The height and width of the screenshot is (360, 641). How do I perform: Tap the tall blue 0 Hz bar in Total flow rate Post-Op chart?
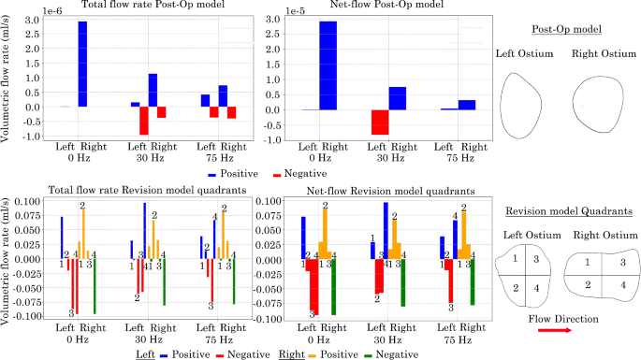(82, 64)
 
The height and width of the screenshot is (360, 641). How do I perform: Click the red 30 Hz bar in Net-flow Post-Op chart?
(328, 122)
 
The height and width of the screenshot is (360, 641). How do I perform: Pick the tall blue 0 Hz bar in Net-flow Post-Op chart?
(328, 65)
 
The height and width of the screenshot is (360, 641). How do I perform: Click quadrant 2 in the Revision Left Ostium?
(514, 287)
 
